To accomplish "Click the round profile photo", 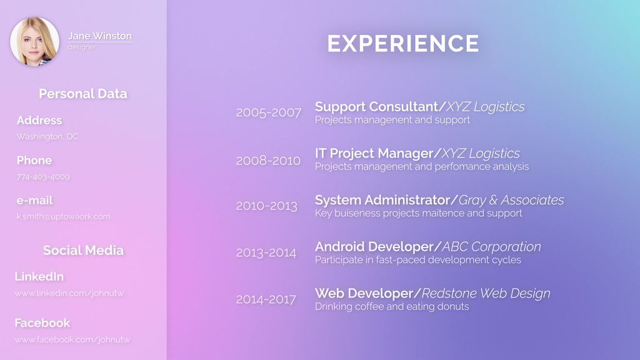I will point(35,42).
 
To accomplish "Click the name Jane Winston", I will point(100,36).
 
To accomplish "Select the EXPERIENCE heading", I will point(403,44).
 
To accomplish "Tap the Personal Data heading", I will point(83,94).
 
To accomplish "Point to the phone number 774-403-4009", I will point(43,177).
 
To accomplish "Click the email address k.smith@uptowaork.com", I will point(63,217).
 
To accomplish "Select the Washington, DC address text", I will point(47,136).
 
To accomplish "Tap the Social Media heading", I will point(83,251).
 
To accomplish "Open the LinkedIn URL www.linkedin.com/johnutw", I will point(69,293).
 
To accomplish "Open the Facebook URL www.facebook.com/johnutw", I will point(72,339).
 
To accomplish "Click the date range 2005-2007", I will point(269,113).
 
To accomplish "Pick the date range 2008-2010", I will point(268,161).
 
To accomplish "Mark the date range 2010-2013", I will point(267,206).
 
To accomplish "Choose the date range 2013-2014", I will point(266,253).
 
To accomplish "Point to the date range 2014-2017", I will point(266,299).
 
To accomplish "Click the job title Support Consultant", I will point(376,107).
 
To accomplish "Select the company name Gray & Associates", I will point(511,200).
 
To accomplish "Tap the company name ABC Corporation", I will point(491,247).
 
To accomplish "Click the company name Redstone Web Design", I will point(486,293).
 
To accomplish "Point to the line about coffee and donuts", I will point(392,307).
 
